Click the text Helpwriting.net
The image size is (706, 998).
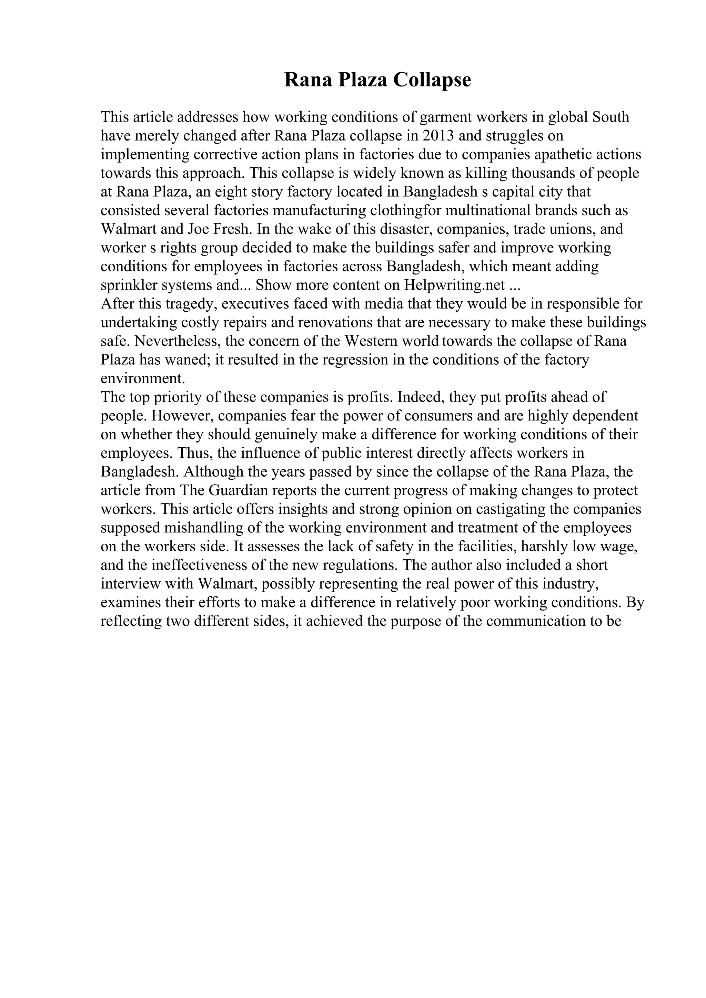455,285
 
